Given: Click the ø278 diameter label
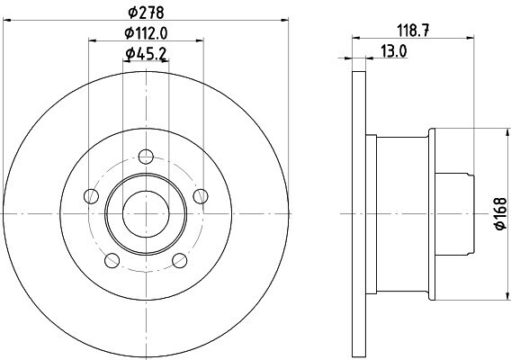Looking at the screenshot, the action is pyautogui.click(x=146, y=13).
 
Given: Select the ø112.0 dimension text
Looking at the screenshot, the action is pyautogui.click(x=146, y=32).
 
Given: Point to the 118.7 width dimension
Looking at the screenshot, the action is pyautogui.click(x=413, y=31).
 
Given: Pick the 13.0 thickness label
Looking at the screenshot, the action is pyautogui.click(x=394, y=51).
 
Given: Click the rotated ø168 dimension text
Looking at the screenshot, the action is pyautogui.click(x=500, y=213).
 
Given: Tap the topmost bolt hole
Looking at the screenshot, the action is pyautogui.click(x=146, y=157).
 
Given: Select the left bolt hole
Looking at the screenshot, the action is pyautogui.click(x=91, y=196).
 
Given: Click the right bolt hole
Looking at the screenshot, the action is pyautogui.click(x=201, y=196).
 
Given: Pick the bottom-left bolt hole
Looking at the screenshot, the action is pyautogui.click(x=112, y=260).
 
